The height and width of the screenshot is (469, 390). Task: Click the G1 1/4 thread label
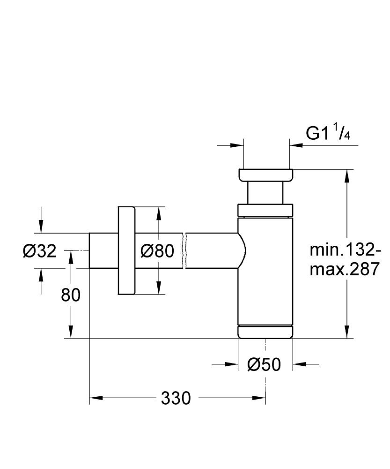click(x=328, y=134)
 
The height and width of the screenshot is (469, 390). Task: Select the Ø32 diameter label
click(x=40, y=251)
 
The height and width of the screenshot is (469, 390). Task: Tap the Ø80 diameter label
click(x=157, y=251)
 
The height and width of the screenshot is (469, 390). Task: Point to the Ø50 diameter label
click(x=265, y=364)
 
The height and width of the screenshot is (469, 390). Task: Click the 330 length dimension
click(x=176, y=399)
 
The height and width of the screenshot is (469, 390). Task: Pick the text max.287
click(x=344, y=270)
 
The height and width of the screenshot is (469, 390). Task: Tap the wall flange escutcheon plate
click(x=126, y=250)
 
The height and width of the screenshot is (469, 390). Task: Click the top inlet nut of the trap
click(x=265, y=174)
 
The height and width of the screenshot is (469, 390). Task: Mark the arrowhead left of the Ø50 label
click(x=231, y=364)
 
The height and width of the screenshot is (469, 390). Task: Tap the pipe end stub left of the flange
click(x=103, y=250)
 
